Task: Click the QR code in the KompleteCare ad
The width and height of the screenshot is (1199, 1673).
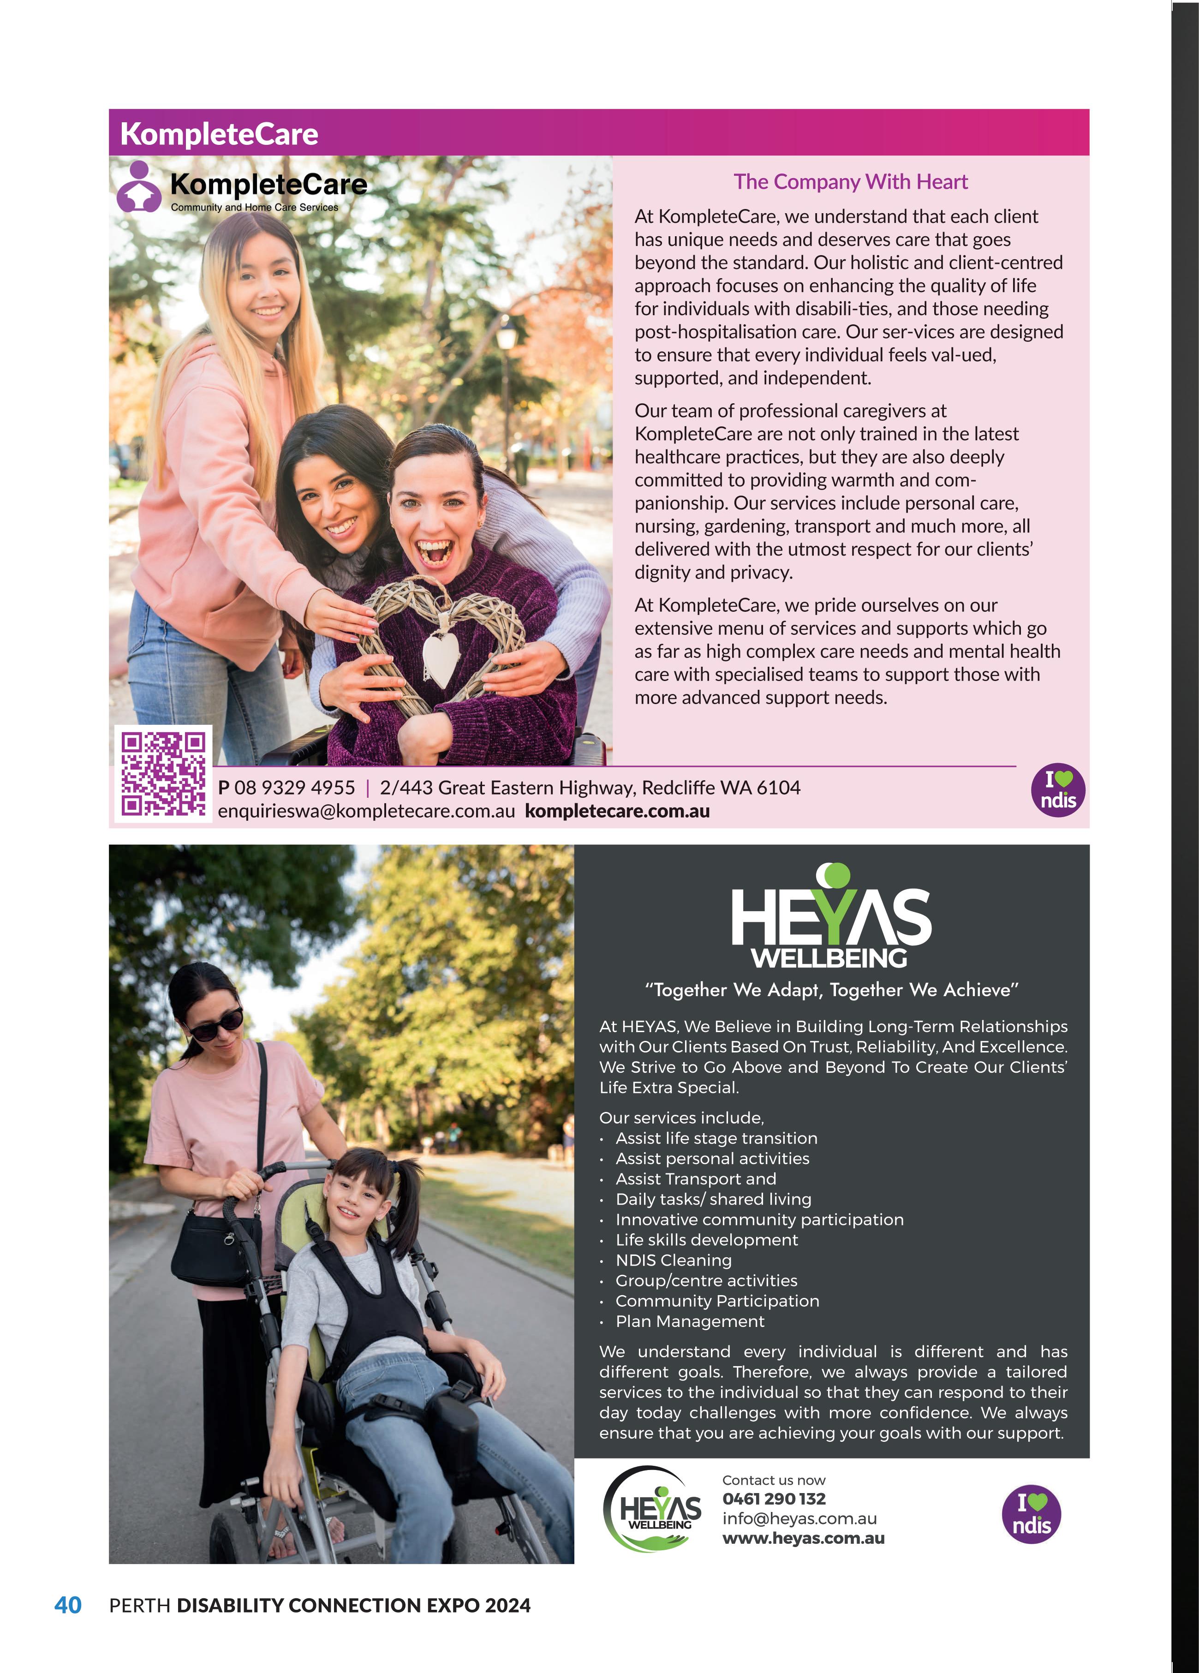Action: [x=163, y=773]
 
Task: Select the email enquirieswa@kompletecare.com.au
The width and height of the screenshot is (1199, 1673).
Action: [x=366, y=812]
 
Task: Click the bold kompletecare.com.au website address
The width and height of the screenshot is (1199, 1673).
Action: [x=617, y=812]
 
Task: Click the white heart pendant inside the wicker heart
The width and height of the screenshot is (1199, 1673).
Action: [x=441, y=656]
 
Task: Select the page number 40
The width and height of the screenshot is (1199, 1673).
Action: [x=68, y=1605]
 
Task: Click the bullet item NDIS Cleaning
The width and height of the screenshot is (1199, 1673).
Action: [x=673, y=1260]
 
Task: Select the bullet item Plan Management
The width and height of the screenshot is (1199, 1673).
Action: [x=690, y=1321]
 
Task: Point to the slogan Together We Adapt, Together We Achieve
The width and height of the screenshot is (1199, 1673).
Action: [x=832, y=990]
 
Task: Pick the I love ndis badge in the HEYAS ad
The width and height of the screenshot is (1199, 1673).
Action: [x=1031, y=1514]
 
